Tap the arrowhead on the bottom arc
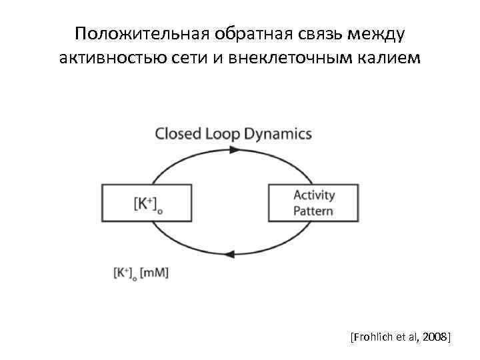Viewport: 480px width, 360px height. tap(231, 254)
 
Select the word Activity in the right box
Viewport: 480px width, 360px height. tap(314, 196)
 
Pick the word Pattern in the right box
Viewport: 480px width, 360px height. tap(313, 211)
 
